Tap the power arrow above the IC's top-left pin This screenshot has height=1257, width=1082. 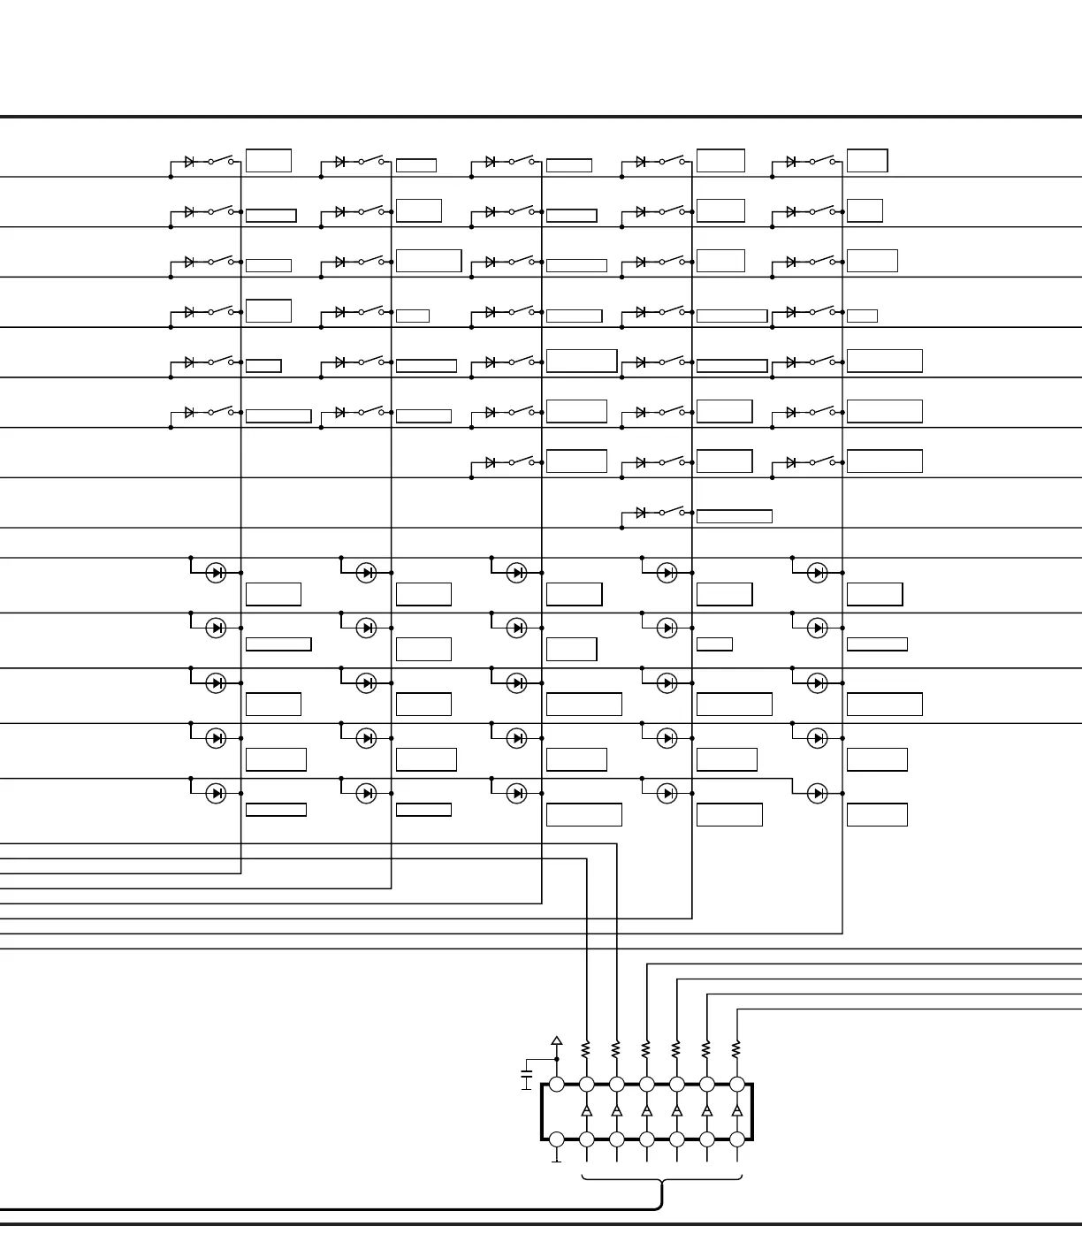[x=557, y=1042]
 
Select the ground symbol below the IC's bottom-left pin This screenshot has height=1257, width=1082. [x=557, y=1159]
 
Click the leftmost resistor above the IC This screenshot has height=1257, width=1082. [x=586, y=1049]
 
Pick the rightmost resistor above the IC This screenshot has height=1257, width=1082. [x=736, y=1049]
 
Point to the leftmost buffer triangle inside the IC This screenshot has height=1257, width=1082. [x=586, y=1110]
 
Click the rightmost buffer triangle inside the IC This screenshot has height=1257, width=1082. [x=736, y=1110]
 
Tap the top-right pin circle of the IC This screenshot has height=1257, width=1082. [x=736, y=1085]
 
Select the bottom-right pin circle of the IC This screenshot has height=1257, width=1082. [x=736, y=1139]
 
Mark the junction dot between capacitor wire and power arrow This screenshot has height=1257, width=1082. [x=557, y=1059]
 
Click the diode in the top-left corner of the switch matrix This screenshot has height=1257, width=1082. [x=189, y=162]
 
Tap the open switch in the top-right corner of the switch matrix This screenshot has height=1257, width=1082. [x=822, y=161]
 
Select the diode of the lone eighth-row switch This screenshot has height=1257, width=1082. [x=640, y=513]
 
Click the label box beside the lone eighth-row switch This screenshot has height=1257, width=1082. [x=734, y=516]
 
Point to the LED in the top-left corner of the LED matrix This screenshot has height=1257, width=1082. [x=216, y=573]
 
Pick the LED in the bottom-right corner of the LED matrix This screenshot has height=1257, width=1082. [x=818, y=793]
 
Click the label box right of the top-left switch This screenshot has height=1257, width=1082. [x=269, y=161]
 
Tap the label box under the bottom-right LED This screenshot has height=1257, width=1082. [x=877, y=814]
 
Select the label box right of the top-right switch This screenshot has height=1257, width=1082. [x=867, y=161]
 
